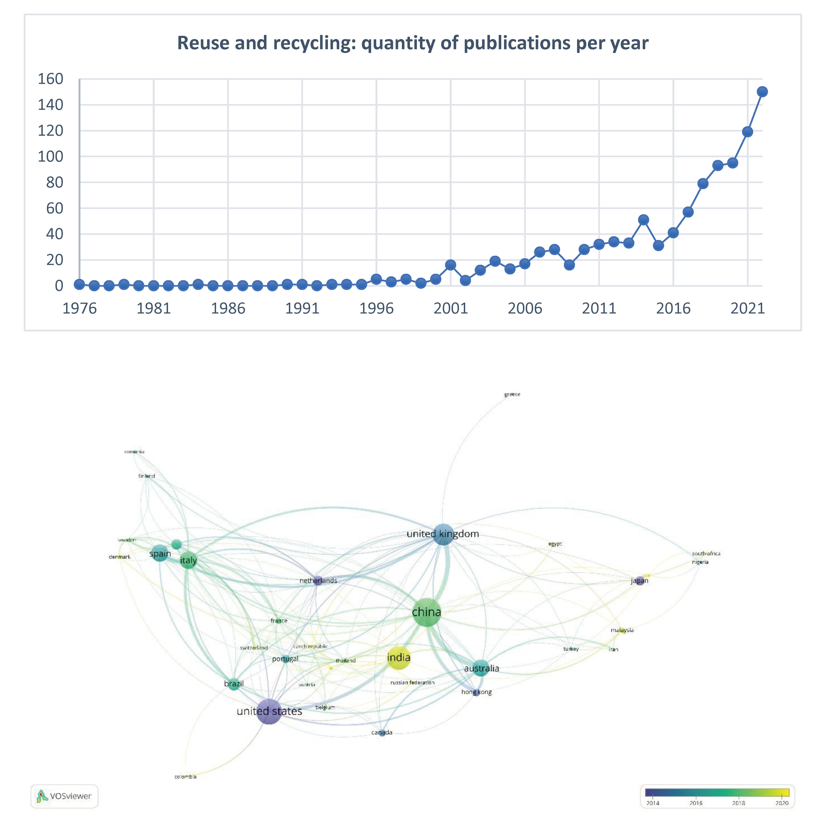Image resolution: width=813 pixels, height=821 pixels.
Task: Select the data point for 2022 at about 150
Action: tap(762, 92)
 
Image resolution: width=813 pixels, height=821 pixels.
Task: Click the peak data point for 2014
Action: tap(643, 220)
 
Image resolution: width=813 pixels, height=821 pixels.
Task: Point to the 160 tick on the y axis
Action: tap(51, 79)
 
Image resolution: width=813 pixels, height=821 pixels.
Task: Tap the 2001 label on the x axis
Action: tap(450, 308)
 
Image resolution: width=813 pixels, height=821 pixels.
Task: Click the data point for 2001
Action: tap(450, 265)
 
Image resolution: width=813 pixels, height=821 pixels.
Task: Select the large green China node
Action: tap(426, 612)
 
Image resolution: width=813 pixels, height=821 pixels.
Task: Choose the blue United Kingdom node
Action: tap(443, 534)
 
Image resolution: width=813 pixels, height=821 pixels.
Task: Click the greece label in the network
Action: tap(512, 394)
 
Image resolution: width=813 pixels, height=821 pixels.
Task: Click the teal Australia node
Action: tap(481, 668)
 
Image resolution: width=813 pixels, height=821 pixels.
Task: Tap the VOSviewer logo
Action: tap(64, 796)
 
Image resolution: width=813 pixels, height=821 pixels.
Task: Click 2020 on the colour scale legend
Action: tap(782, 803)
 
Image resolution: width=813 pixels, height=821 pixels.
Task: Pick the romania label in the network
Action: tap(134, 452)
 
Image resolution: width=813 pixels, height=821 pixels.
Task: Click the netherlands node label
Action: tap(318, 581)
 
